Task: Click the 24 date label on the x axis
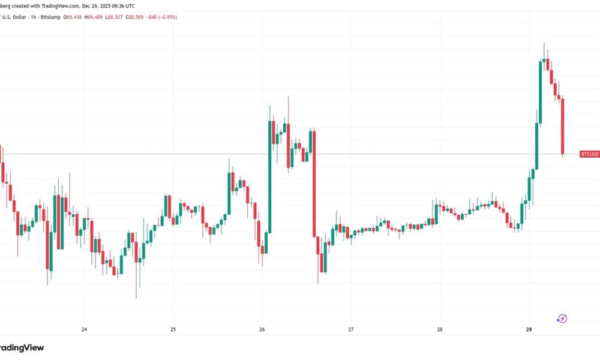84,329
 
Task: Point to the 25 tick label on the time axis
173,329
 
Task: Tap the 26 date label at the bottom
262,329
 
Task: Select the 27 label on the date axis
351,329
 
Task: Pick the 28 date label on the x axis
440,329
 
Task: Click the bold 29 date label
529,329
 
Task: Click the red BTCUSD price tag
589,154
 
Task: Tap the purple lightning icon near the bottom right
562,319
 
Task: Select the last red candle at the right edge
563,127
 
